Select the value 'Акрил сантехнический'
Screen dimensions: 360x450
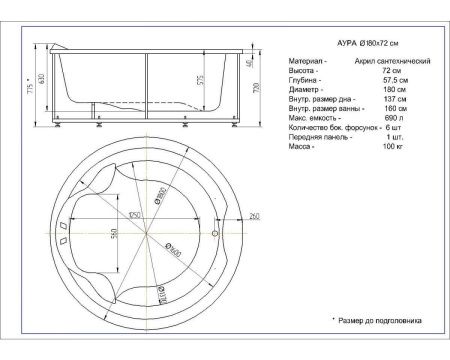pyautogui.click(x=393, y=62)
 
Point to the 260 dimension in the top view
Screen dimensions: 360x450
pyautogui.click(x=254, y=216)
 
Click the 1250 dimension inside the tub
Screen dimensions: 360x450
pyautogui.click(x=131, y=214)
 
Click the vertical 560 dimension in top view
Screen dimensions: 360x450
pyautogui.click(x=113, y=236)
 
